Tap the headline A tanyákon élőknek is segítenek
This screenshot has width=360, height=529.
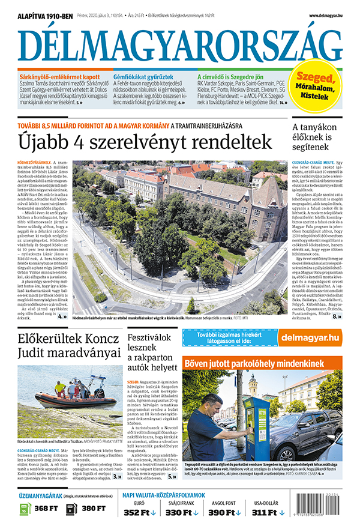tap(316, 139)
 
